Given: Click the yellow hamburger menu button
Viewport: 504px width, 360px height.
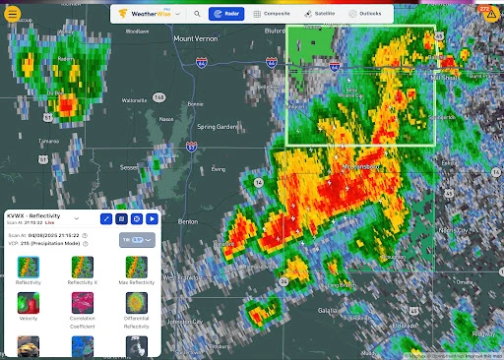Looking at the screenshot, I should [12, 14].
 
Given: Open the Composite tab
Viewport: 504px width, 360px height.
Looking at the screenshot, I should [269, 15].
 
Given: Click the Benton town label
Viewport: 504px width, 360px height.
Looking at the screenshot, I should [187, 222].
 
